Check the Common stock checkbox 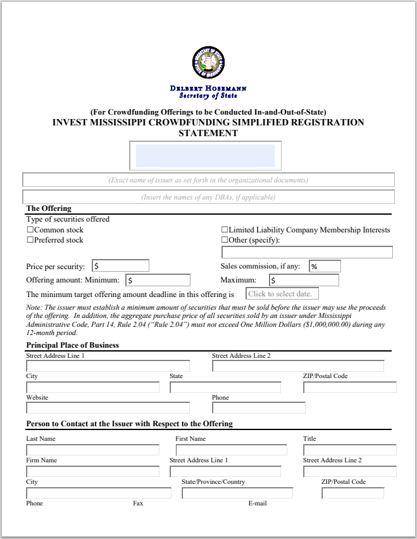30,230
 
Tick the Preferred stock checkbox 30,240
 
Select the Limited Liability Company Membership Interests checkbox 224,230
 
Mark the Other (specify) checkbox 224,240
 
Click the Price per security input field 120,266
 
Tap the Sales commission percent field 325,267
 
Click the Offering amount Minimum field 158,280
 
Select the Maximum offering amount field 304,280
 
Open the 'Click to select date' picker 282,294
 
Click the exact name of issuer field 208,180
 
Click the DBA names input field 208,197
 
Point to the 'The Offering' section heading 49,208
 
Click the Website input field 108,408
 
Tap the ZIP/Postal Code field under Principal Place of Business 349,387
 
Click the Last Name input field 92,450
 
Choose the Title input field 349,450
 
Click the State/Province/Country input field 237,493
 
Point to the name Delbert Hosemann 208,88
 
